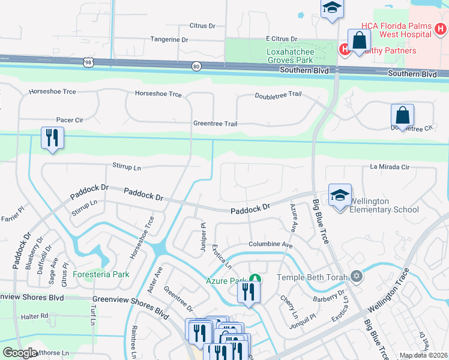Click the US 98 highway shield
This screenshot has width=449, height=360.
(x=89, y=62)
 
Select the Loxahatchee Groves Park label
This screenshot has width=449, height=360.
(x=291, y=56)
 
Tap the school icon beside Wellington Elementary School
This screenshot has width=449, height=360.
(x=340, y=196)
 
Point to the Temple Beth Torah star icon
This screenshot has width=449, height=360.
(x=357, y=276)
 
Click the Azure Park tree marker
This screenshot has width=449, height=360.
(x=256, y=278)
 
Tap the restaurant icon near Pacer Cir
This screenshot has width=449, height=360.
(x=52, y=138)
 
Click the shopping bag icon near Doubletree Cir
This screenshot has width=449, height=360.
(x=402, y=115)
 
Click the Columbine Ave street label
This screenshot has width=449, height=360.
(x=271, y=245)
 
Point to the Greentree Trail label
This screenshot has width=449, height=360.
(x=215, y=124)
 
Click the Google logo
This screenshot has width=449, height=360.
(x=20, y=353)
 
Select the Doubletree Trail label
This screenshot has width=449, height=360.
(x=278, y=95)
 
